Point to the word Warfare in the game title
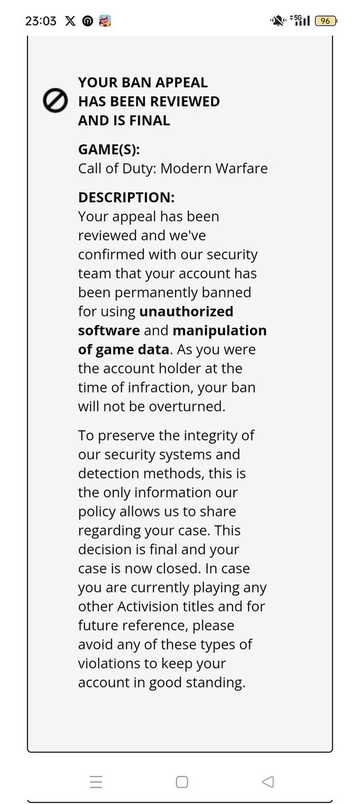pyautogui.click(x=241, y=168)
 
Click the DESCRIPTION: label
pyautogui.click(x=127, y=198)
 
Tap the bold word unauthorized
pyautogui.click(x=186, y=312)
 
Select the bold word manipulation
pyautogui.click(x=220, y=331)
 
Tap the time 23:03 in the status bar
pyautogui.click(x=41, y=21)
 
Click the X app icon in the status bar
pyautogui.click(x=71, y=21)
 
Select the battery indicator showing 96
pyautogui.click(x=325, y=21)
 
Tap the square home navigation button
pyautogui.click(x=181, y=781)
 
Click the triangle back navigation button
pyautogui.click(x=267, y=781)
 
